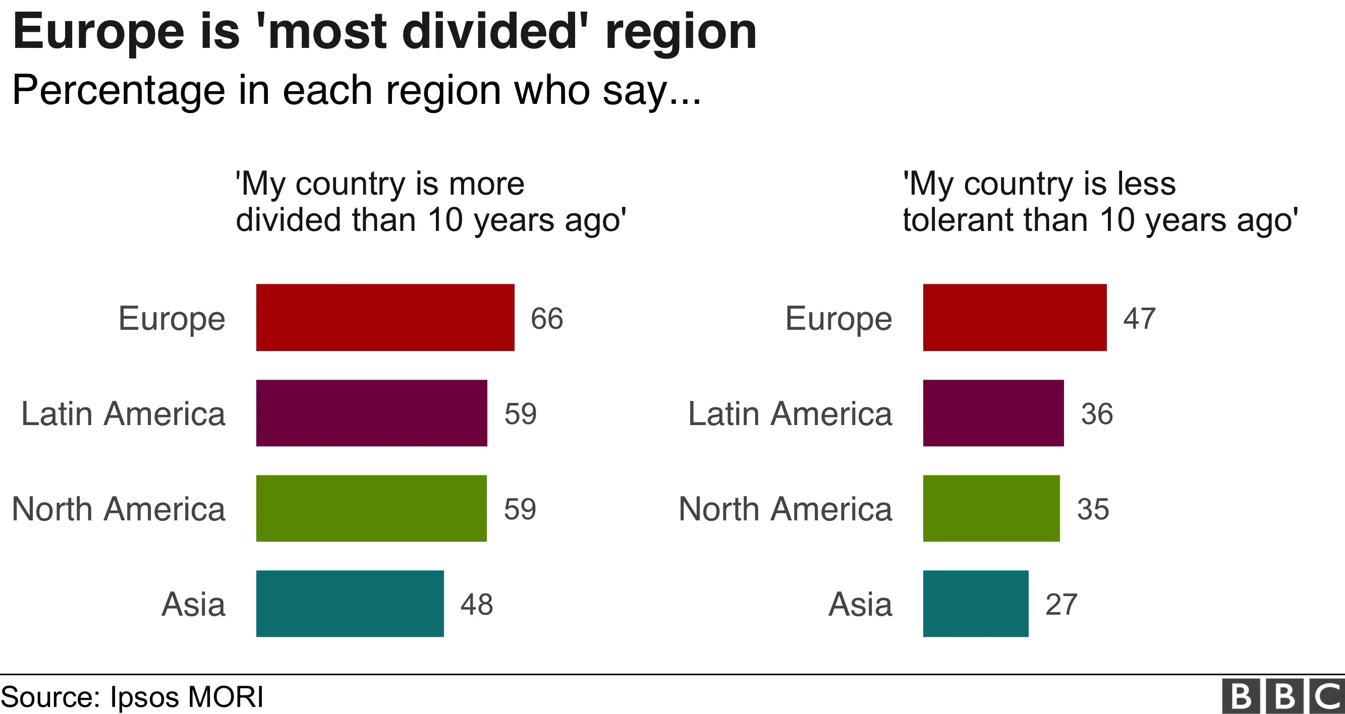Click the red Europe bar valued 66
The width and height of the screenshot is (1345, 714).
pyautogui.click(x=385, y=317)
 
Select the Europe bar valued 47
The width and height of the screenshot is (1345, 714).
pyautogui.click(x=1014, y=317)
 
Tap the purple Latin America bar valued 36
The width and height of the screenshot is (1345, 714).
pyautogui.click(x=992, y=413)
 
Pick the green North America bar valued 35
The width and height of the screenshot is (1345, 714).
pyautogui.click(x=991, y=508)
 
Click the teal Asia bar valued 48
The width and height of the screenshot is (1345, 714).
pyautogui.click(x=350, y=604)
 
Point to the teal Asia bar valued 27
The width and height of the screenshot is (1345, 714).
pyautogui.click(x=975, y=604)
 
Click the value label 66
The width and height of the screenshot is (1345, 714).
pyautogui.click(x=547, y=318)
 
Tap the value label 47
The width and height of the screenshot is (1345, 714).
pyautogui.click(x=1139, y=318)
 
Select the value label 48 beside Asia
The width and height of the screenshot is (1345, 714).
pyautogui.click(x=476, y=605)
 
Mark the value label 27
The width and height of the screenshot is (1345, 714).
pyautogui.click(x=1061, y=605)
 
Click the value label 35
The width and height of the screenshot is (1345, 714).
pyautogui.click(x=1093, y=509)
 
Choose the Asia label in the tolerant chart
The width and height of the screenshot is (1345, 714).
pyautogui.click(x=860, y=605)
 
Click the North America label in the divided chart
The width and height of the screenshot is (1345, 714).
pyautogui.click(x=119, y=509)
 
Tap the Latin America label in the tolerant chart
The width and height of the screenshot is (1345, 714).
pyautogui.click(x=790, y=414)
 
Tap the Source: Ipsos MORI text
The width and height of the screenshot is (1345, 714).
pyautogui.click(x=133, y=696)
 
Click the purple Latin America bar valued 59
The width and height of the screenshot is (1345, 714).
pyautogui.click(x=371, y=413)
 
